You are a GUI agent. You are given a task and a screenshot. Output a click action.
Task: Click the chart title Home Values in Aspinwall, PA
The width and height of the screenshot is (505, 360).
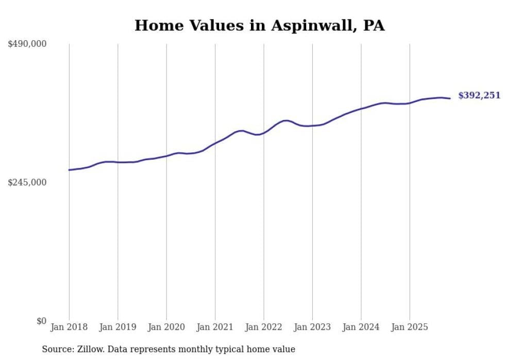pos(259,26)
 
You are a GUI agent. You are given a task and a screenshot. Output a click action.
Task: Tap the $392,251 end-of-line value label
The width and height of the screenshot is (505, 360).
pos(479,96)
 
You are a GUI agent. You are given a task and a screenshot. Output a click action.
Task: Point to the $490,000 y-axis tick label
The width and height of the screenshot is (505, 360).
pos(27,44)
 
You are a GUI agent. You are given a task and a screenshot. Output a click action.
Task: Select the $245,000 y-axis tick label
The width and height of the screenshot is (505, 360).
pos(27,182)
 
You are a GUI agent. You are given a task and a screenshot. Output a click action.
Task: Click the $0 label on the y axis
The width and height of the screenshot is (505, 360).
pos(41,321)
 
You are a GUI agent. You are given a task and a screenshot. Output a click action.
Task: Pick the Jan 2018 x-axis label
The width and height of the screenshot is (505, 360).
pos(69,327)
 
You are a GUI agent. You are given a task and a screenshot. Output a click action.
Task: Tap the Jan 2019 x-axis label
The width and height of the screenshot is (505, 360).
pos(118,327)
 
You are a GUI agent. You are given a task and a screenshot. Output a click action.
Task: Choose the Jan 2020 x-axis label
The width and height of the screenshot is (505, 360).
pos(166,327)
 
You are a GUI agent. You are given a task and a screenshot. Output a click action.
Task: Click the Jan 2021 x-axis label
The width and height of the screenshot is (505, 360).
pos(215,327)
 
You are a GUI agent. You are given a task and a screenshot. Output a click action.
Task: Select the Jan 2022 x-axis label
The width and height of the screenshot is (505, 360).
pos(264,327)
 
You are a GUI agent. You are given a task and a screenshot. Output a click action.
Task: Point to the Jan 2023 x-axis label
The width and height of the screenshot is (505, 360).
pos(312,327)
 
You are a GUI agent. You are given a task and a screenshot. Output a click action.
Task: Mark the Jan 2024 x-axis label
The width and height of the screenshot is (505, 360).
pos(361,327)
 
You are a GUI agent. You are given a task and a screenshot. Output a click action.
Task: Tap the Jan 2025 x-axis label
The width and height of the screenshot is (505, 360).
pos(410,327)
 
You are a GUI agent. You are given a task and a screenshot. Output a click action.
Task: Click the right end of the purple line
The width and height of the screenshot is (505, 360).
pos(450,98)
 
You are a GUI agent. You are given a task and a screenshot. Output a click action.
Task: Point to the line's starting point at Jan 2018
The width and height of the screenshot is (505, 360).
pos(69,170)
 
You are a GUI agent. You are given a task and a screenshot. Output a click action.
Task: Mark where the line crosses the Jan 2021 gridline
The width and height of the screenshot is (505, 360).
pos(215,143)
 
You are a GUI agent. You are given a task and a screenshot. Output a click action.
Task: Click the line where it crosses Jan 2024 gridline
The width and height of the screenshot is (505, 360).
pos(361,108)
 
